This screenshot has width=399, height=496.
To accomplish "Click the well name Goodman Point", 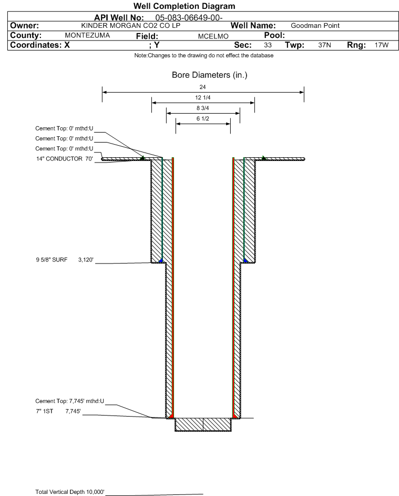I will coord(315,26).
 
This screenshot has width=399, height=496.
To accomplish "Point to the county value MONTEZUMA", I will coord(87,35).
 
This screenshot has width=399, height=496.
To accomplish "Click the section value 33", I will coord(268,45).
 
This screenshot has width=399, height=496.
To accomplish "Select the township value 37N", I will coord(324,45).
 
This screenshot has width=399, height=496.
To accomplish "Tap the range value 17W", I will coord(381,45).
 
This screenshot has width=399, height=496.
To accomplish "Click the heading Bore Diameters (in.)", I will coord(209,76).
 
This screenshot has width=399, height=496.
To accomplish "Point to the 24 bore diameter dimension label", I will coord(203,87).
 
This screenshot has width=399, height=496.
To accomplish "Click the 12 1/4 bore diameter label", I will coord(203,98).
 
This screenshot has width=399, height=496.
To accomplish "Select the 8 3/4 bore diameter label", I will coord(203,109).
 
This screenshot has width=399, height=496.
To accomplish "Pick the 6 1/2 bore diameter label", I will coord(203,119).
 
